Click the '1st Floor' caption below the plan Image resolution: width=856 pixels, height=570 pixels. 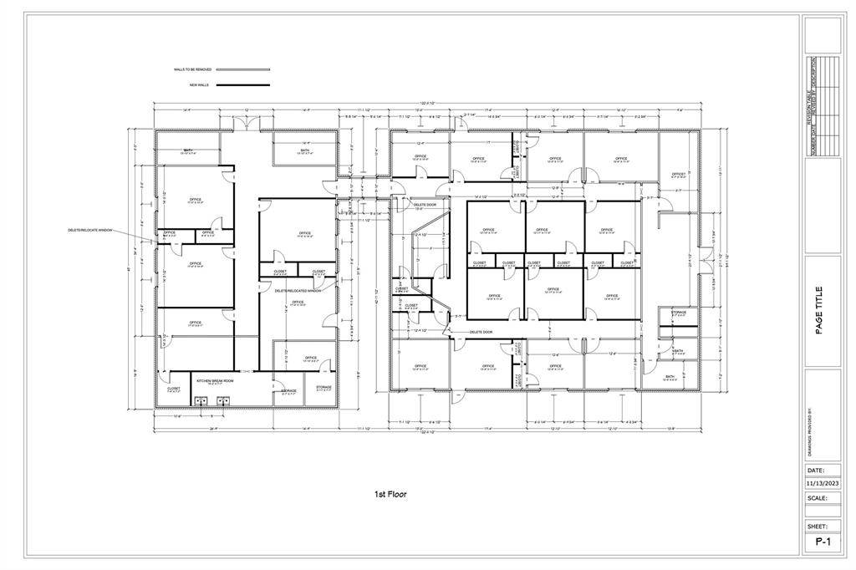(x=390, y=495)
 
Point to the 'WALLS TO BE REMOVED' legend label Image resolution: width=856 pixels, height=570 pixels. (x=192, y=69)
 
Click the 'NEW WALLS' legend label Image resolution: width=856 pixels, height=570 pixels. (x=199, y=85)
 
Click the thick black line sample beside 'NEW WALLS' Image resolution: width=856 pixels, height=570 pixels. (x=243, y=85)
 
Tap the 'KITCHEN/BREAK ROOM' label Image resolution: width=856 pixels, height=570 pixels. (x=215, y=380)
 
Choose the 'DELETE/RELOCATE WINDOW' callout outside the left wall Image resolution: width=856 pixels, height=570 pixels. (x=90, y=230)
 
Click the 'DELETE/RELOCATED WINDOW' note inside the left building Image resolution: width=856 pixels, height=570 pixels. (x=298, y=290)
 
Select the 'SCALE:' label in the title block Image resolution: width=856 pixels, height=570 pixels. (x=817, y=497)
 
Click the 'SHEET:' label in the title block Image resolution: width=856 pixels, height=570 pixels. (x=817, y=527)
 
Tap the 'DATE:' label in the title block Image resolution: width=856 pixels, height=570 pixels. (x=816, y=471)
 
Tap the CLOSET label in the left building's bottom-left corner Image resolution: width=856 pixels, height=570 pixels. (x=173, y=389)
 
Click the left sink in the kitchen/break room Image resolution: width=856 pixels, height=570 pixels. (x=201, y=400)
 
